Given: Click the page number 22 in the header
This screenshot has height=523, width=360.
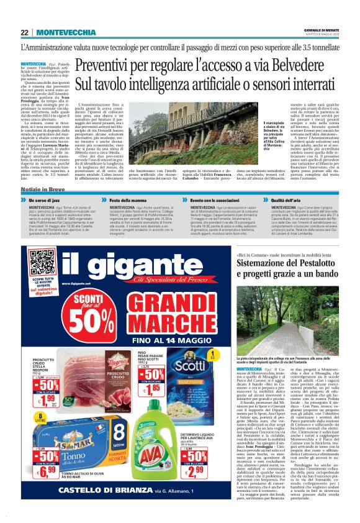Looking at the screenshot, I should coord(24,33).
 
